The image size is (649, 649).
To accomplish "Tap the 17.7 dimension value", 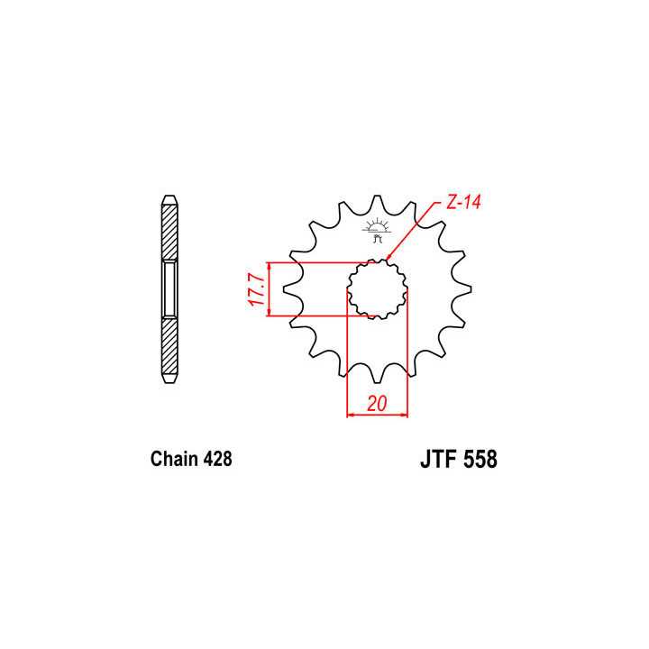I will pos(256,288).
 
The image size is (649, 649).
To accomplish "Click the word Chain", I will pos(174,459).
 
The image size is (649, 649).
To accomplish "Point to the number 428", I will pos(217,459).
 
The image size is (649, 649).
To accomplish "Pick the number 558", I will pos(480,460).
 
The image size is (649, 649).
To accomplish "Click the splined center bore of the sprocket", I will pos(377,288).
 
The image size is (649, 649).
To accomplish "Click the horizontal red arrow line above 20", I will pos(377,416).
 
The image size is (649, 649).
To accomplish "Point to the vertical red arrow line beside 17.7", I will pos(268,288).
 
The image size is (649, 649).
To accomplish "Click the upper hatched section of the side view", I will pos(169,230).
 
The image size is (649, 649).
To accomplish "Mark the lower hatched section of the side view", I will pos(169,347).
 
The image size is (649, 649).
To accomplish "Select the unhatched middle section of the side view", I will pos(169,288).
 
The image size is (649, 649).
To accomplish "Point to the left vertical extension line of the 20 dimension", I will pos(347,361).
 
